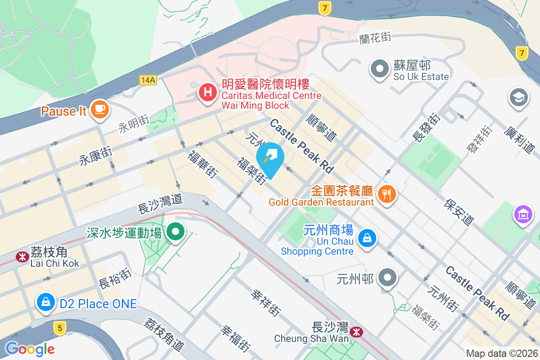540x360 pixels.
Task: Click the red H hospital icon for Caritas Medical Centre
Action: click(x=207, y=93)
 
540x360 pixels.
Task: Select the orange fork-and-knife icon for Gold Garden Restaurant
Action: click(x=387, y=194)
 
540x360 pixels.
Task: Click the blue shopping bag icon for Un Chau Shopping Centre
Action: click(x=367, y=238)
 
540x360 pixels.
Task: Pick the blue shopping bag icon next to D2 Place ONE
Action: click(x=46, y=302)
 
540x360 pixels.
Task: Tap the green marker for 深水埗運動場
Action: click(x=175, y=232)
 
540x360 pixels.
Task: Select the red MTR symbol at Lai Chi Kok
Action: click(x=21, y=257)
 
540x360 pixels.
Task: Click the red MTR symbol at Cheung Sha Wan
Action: click(x=357, y=332)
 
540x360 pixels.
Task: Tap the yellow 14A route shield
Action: click(x=148, y=80)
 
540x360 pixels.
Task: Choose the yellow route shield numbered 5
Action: click(x=59, y=328)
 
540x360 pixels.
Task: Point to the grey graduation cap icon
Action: click(x=519, y=98)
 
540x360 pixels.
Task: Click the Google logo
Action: click(x=30, y=349)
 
